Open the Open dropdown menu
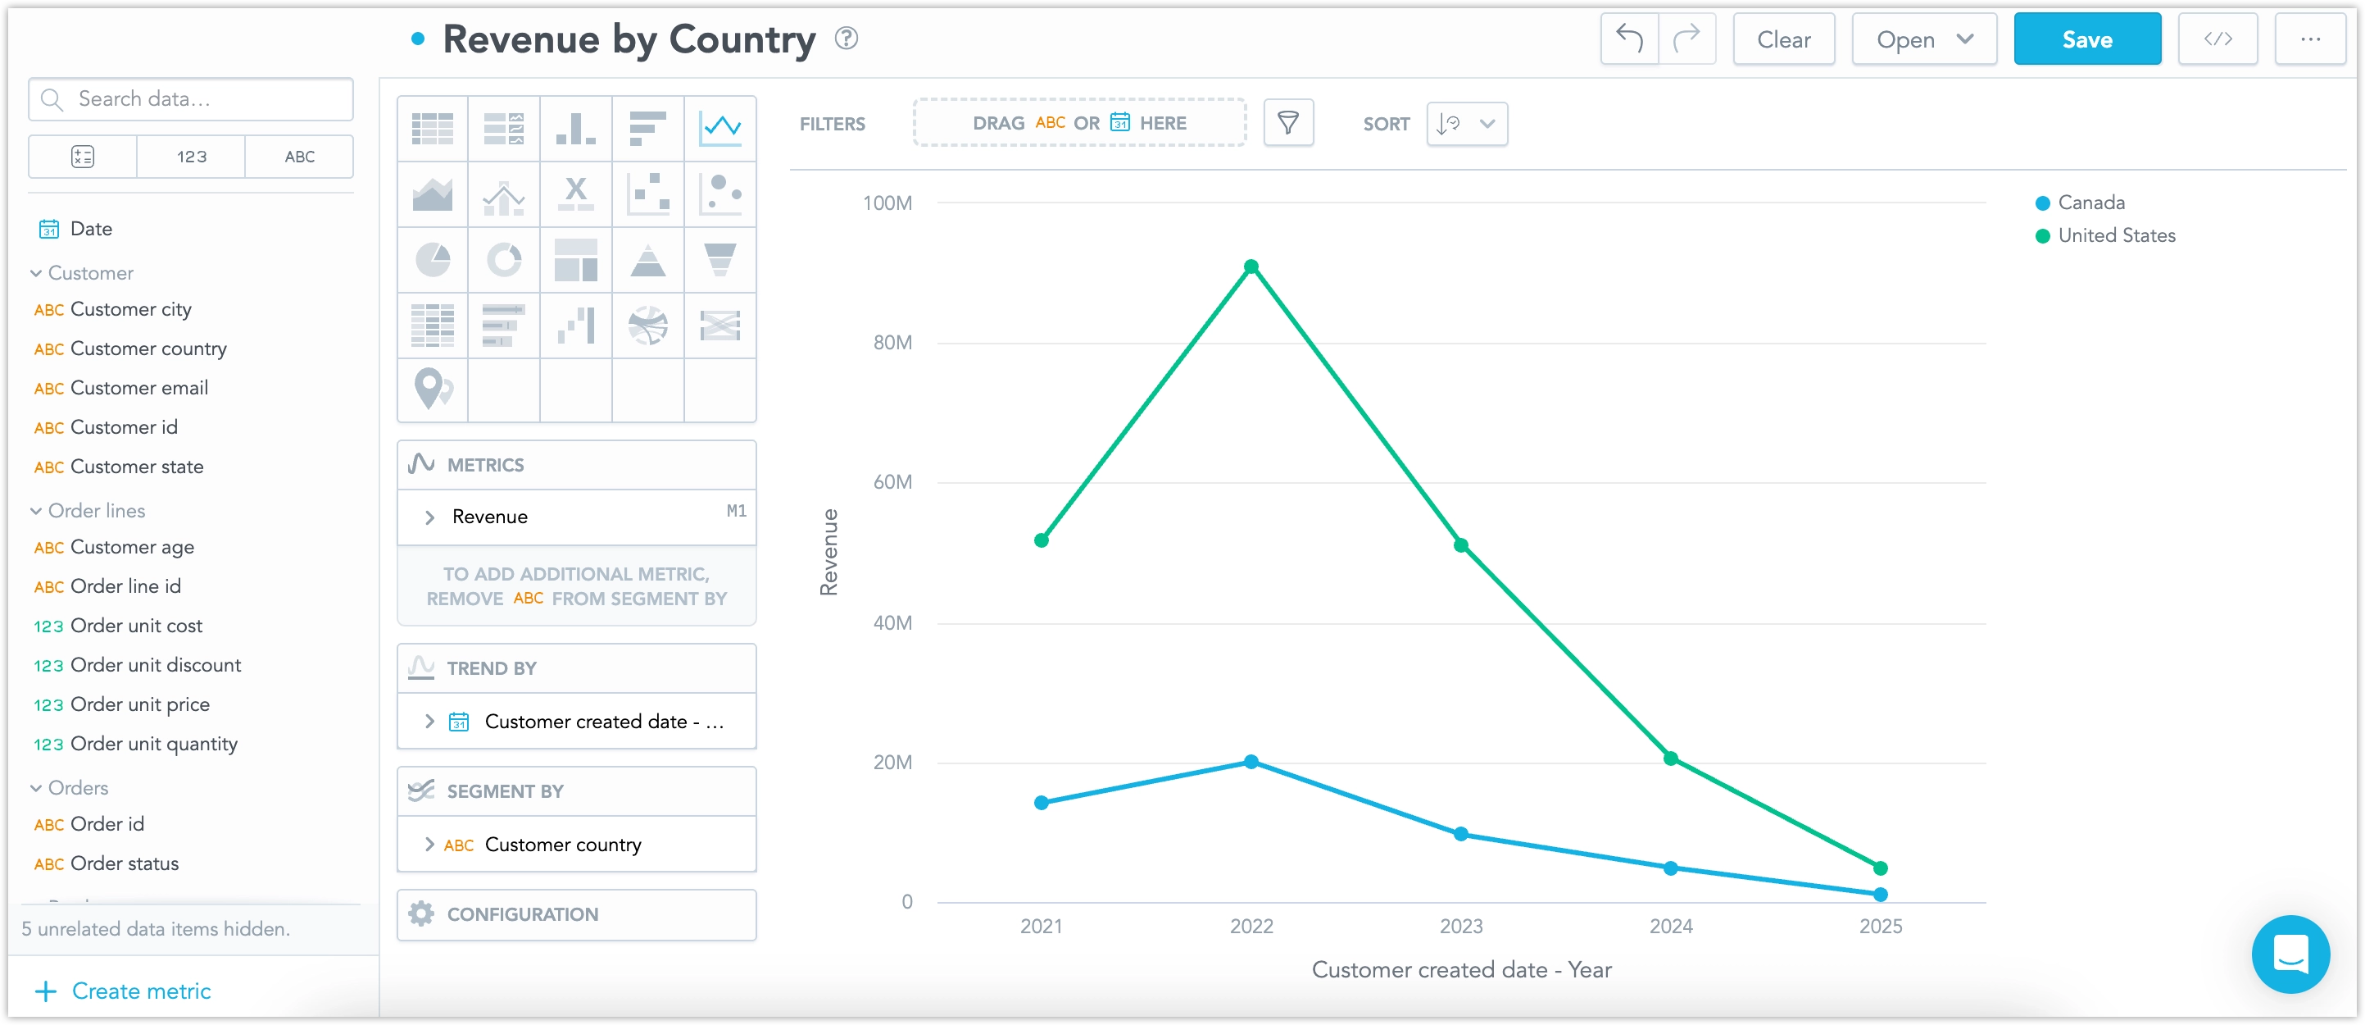pyautogui.click(x=1923, y=39)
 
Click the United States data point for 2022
pyautogui.click(x=1251, y=266)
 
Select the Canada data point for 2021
pyautogui.click(x=1041, y=803)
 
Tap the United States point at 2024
pyautogui.click(x=1670, y=758)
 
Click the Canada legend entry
pyautogui.click(x=2090, y=202)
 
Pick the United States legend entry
pyautogui.click(x=2115, y=235)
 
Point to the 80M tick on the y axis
pyautogui.click(x=892, y=343)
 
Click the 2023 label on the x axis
pyautogui.click(x=1459, y=926)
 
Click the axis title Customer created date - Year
pyautogui.click(x=1460, y=969)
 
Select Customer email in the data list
pyautogui.click(x=138, y=389)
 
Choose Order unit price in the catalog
pyautogui.click(x=139, y=704)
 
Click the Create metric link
pyautogui.click(x=140, y=991)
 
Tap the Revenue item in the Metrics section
pyautogui.click(x=490, y=517)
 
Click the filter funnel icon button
pyautogui.click(x=1287, y=123)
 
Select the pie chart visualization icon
pyautogui.click(x=433, y=260)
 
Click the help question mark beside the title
pyautogui.click(x=846, y=39)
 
